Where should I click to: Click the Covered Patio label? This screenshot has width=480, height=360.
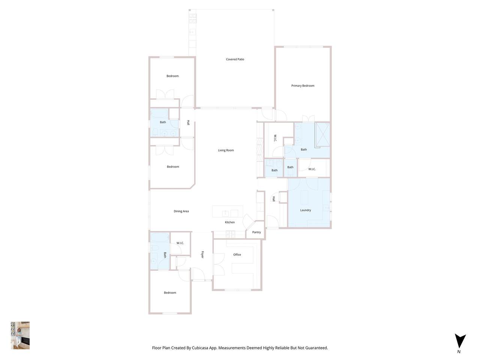coord(235,59)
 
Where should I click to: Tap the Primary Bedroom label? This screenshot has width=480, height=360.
coord(303,85)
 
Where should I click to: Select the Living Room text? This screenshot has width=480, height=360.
coord(226,150)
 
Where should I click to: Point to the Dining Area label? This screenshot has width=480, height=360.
coord(181,211)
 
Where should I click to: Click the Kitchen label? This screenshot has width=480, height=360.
coord(229,222)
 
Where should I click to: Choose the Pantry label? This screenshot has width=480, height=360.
coord(256,232)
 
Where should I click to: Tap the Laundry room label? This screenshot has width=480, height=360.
coord(306,210)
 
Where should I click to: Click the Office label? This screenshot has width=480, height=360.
coord(237,254)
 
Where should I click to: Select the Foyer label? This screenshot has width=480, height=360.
coord(202,255)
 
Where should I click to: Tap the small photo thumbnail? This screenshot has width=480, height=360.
coord(20,335)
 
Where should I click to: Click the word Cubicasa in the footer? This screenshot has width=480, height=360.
coord(200,348)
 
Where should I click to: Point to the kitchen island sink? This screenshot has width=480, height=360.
coord(225,213)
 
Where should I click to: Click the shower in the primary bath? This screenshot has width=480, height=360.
coord(322,134)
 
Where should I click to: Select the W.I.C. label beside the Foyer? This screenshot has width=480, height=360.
coord(180,243)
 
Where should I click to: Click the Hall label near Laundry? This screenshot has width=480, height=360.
coord(274,199)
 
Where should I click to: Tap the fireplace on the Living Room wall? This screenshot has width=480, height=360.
coord(260,150)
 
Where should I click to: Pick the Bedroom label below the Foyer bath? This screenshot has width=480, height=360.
coord(170,292)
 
